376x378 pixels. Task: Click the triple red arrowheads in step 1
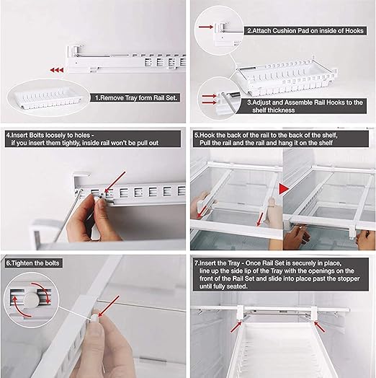pyautogui.click(x=57, y=70)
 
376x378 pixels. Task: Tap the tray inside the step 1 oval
pyautogui.click(x=48, y=98)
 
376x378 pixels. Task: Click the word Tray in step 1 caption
pyautogui.click(x=132, y=98)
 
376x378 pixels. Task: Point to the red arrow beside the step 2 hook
pyautogui.click(x=206, y=27)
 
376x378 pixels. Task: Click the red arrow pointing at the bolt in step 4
pyautogui.click(x=115, y=182)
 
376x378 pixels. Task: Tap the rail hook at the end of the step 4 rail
pyautogui.click(x=81, y=178)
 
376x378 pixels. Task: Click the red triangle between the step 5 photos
pyautogui.click(x=284, y=189)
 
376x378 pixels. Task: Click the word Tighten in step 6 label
pyautogui.click(x=23, y=263)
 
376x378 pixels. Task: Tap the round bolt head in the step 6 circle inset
pyautogui.click(x=30, y=299)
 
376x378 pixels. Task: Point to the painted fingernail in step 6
pyautogui.click(x=95, y=318)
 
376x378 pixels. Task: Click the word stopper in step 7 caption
pyautogui.click(x=349, y=278)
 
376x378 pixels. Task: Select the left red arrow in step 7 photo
pyautogui.click(x=236, y=327)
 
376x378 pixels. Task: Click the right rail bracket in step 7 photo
pyautogui.click(x=313, y=312)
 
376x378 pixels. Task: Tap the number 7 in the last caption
pyautogui.click(x=197, y=263)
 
